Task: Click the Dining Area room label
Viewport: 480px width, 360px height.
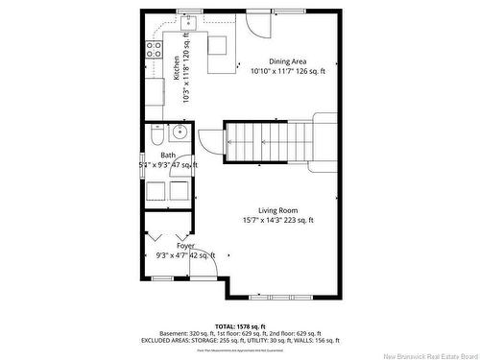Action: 287,60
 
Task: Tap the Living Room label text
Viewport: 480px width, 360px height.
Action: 277,210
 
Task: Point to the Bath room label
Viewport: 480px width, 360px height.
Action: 168,155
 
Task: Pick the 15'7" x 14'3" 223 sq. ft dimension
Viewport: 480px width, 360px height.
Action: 277,220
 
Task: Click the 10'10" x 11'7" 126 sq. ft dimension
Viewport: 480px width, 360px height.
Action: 288,71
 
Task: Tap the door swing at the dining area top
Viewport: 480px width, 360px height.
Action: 256,24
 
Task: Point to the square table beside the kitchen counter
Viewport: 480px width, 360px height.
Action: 218,44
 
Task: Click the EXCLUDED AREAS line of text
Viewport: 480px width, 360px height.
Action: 241,340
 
